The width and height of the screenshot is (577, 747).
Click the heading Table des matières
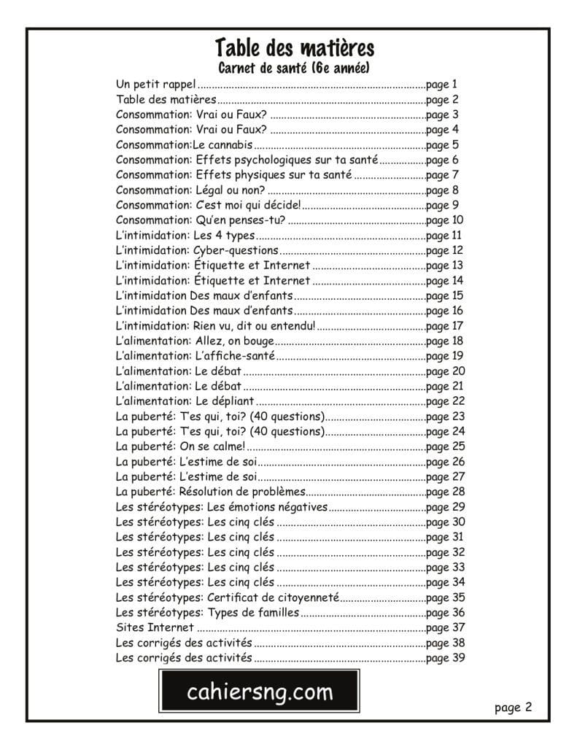(x=295, y=48)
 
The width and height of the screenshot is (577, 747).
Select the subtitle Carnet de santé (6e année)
(x=295, y=69)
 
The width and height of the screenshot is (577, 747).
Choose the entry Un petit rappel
(x=155, y=85)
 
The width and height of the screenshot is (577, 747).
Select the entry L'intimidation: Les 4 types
(x=185, y=235)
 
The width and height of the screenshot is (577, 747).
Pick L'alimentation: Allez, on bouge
(x=195, y=341)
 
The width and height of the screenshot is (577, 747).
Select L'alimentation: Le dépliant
(x=185, y=401)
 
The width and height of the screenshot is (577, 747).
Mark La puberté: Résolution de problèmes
(x=210, y=492)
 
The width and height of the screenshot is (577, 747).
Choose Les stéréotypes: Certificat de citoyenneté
(x=228, y=597)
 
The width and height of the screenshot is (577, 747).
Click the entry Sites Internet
(x=155, y=627)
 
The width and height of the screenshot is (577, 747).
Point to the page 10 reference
(x=445, y=220)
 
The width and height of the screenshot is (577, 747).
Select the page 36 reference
(x=445, y=613)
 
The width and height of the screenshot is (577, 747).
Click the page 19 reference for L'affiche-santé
(x=445, y=356)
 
